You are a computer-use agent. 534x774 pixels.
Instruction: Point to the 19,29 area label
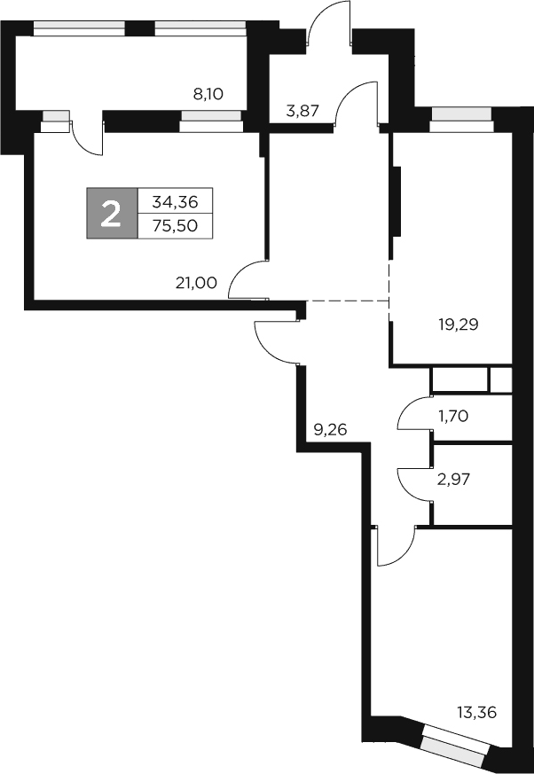[x=459, y=324]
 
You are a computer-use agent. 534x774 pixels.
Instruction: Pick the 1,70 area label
[x=452, y=415]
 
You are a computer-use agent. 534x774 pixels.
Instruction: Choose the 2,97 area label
[x=452, y=480]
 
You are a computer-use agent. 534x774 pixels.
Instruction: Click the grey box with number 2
[x=112, y=214]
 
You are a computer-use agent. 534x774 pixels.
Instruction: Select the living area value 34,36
[x=175, y=201]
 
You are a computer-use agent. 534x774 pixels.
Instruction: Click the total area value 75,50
[x=175, y=226]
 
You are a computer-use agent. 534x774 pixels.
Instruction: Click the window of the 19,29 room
[x=460, y=119]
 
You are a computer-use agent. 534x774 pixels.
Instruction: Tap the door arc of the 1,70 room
[x=412, y=413]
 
